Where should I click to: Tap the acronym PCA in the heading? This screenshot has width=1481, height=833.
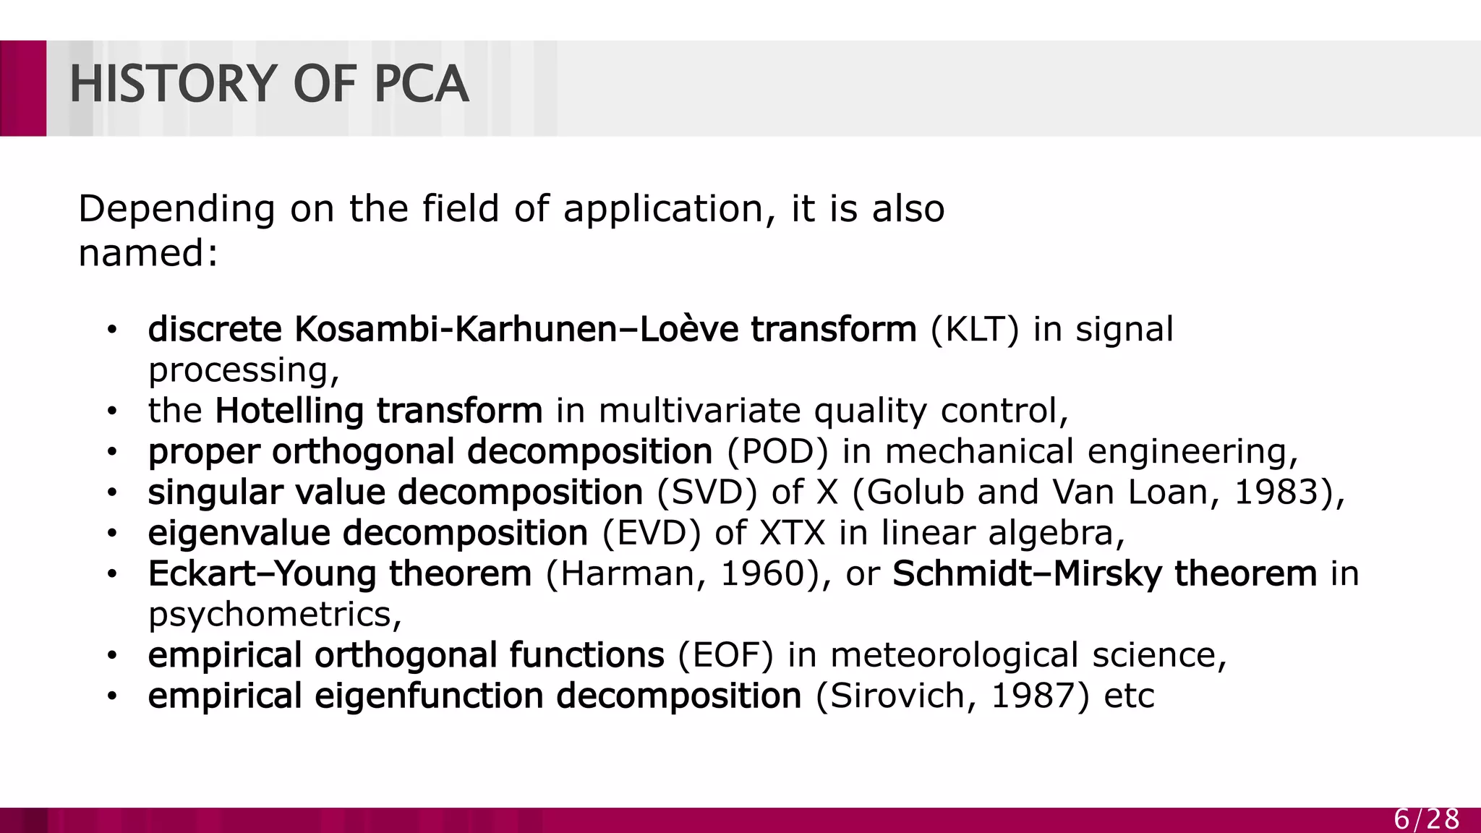422,84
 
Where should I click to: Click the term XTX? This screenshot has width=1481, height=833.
793,533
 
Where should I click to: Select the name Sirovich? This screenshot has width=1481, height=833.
897,696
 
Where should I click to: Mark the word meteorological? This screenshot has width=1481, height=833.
954,655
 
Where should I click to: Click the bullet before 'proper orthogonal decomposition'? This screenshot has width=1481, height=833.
111,453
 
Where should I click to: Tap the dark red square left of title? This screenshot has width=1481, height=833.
23,88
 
